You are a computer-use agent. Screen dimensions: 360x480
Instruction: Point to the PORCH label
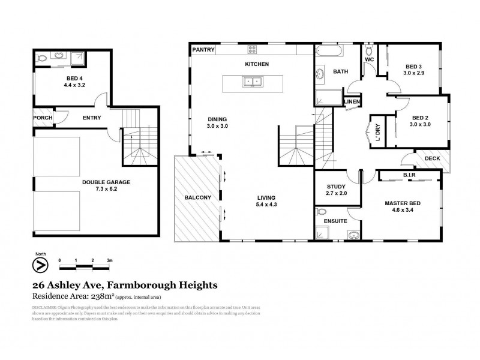[x=43, y=118]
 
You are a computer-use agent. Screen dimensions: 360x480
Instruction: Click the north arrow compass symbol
[x=40, y=264]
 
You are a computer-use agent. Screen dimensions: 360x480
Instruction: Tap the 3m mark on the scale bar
[x=110, y=260]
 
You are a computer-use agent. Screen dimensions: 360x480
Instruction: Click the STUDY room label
[x=337, y=187]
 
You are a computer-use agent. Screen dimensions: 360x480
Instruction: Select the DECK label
[x=431, y=158]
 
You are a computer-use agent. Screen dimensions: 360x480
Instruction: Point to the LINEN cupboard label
[x=352, y=103]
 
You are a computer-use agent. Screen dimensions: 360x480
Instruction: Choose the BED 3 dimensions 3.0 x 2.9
[x=414, y=73]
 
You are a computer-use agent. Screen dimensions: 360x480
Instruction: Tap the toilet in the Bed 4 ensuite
[x=42, y=59]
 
